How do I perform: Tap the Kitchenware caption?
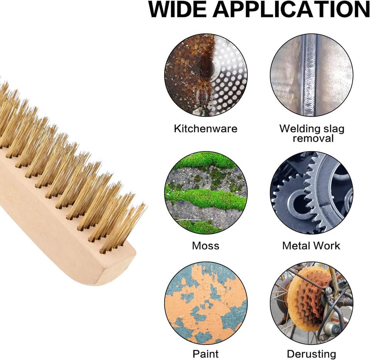[x=205, y=128]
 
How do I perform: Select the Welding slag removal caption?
[x=312, y=133]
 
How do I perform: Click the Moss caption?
[x=205, y=246]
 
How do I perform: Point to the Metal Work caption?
[x=311, y=246]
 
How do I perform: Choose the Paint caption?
[x=205, y=353]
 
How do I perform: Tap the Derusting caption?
[x=311, y=353]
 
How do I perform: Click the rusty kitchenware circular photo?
[x=206, y=75]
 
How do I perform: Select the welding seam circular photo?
[x=311, y=75]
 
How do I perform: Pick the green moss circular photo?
[x=206, y=193]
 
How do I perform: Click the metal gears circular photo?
[x=311, y=193]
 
